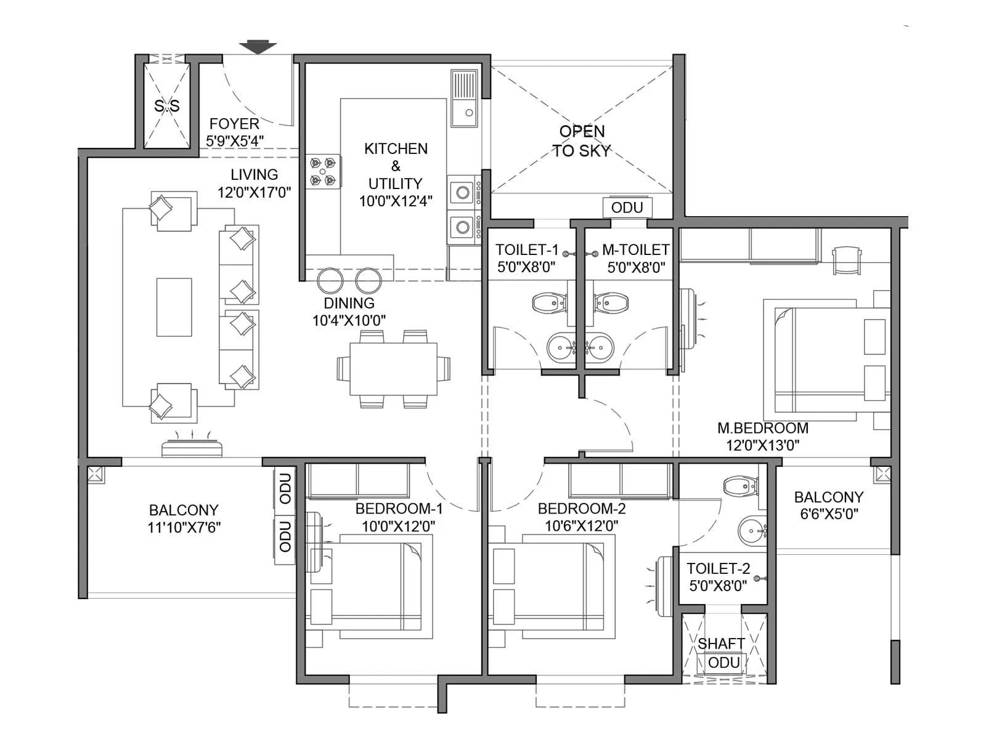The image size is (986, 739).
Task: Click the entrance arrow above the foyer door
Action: pos(258,47)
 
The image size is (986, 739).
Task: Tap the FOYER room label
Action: pos(234,124)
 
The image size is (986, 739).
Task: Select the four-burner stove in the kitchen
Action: pos(324,172)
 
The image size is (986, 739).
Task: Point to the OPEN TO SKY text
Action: pos(581,141)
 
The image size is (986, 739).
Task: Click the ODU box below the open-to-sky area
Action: pos(627,208)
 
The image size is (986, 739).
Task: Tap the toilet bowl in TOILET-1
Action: pos(548,303)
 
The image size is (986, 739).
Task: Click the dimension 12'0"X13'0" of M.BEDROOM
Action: pos(762,445)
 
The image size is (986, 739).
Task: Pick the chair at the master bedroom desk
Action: pos(845,259)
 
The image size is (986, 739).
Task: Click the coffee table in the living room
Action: pos(174,307)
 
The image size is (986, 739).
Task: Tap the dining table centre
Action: pos(393,369)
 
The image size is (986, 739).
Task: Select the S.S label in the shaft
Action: pos(167,106)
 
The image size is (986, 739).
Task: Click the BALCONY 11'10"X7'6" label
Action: pos(184,519)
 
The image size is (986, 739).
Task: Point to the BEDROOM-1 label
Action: pos(399,509)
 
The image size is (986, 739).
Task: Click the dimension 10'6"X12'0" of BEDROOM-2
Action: pos(581,526)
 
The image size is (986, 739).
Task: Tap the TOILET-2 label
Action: pos(718,568)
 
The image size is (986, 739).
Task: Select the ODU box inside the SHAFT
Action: pos(723,663)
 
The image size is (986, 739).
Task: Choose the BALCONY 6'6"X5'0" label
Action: pos(828,505)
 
